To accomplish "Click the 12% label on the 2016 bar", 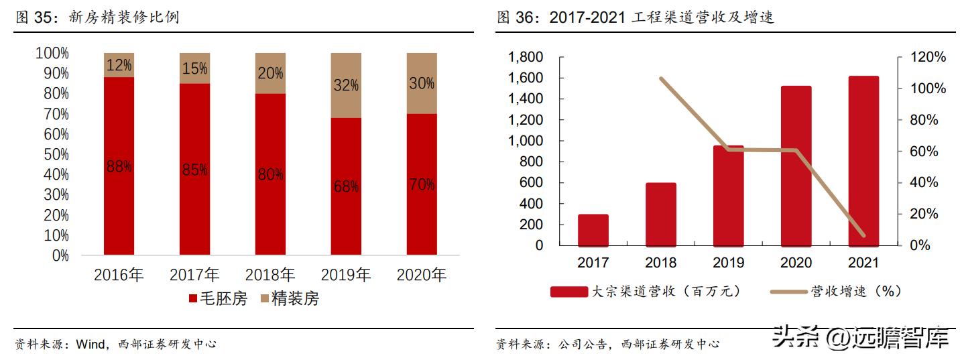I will click(119, 66).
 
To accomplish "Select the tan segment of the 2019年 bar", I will click(346, 85).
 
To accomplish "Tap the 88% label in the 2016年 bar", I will click(119, 167).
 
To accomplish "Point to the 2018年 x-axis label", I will click(270, 275).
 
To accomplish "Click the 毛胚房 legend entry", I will click(218, 299).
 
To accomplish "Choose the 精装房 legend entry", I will click(290, 299).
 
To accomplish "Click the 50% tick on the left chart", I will click(52, 154).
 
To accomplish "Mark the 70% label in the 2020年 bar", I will click(422, 185).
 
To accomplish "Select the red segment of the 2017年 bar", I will click(194, 169).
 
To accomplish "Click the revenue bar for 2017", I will click(593, 230).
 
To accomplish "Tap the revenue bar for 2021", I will click(863, 161).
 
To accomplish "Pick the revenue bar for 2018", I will click(660, 214).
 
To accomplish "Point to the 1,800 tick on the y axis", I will click(525, 58).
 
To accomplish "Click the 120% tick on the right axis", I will click(928, 58).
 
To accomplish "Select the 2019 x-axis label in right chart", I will click(727, 263).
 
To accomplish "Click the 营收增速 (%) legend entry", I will click(835, 291).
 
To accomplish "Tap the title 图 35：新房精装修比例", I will click(98, 17).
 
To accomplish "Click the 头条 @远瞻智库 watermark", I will click(861, 337).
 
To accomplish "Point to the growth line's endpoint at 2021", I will click(863, 236).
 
